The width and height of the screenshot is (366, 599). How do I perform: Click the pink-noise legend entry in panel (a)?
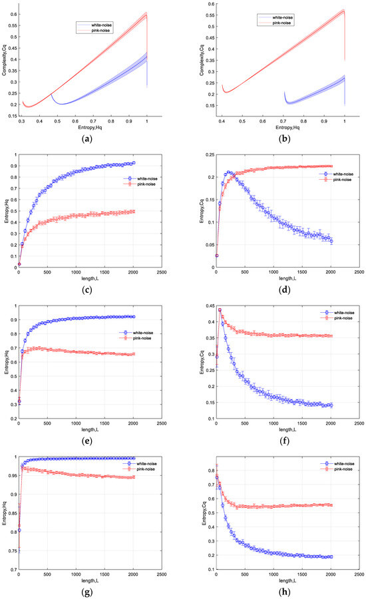click(99, 30)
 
